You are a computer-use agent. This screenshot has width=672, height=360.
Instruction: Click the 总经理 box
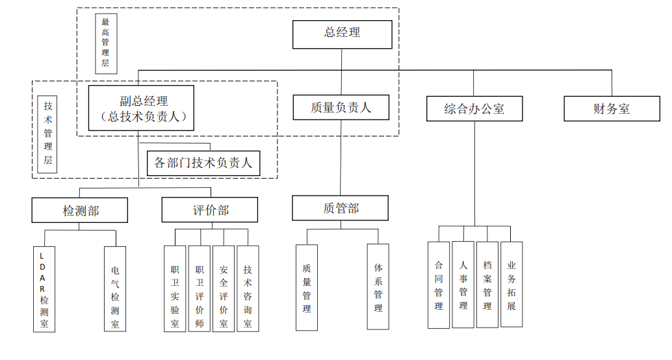(x=342, y=34)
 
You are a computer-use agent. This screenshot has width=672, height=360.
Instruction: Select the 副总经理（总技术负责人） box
(x=141, y=109)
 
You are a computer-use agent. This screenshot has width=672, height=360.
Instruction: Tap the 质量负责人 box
(x=341, y=107)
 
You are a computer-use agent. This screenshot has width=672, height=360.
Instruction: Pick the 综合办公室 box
(x=474, y=109)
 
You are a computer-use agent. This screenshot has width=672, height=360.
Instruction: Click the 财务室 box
(x=612, y=109)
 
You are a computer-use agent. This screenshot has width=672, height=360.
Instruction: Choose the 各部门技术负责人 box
(x=203, y=163)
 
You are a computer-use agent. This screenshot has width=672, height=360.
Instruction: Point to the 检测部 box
(x=81, y=210)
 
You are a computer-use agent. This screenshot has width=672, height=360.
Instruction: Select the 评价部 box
(x=211, y=210)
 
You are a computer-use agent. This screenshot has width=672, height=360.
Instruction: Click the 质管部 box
(x=341, y=208)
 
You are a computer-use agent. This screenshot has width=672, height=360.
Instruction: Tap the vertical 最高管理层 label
(x=105, y=43)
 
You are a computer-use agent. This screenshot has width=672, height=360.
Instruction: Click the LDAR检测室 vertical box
(x=44, y=289)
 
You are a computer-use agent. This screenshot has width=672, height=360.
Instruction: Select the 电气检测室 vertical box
(x=115, y=289)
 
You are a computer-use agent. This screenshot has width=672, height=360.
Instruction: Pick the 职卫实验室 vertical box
(x=175, y=288)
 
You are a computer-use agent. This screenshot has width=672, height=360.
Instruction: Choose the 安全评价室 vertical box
(x=224, y=288)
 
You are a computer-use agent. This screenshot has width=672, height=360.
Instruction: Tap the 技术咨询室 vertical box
(x=248, y=288)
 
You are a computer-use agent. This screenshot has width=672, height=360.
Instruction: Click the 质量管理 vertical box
(x=307, y=287)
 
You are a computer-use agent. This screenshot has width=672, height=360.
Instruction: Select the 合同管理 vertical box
(x=439, y=285)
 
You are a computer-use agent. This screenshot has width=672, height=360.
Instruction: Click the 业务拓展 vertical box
(x=511, y=285)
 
